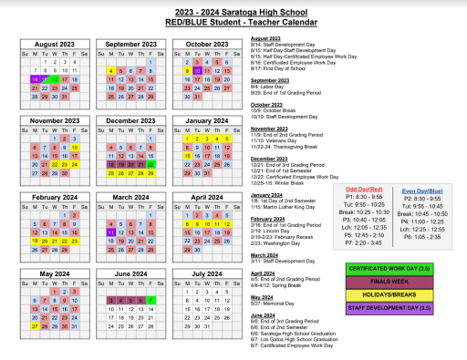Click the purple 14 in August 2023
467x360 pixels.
point(35,78)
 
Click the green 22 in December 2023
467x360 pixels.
point(150,163)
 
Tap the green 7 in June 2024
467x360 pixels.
point(150,299)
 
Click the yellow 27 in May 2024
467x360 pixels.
point(35,324)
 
